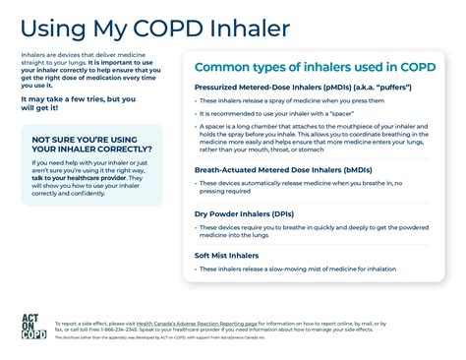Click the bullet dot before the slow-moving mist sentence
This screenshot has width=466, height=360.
pos(197,269)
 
